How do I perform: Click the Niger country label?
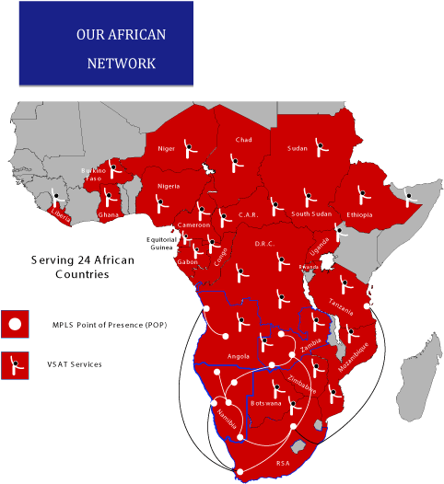pos(167,148)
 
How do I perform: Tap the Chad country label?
pos(243,140)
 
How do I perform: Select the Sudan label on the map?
pos(298,148)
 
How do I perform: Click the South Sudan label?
pos(311,214)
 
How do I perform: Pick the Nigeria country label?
pos(169,186)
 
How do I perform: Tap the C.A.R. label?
pos(247,214)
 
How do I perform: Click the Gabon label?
pos(188,262)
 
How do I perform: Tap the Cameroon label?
pos(193,225)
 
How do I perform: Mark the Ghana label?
pos(109,214)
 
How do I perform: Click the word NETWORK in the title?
pos(121,63)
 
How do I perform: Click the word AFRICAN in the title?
pos(134,36)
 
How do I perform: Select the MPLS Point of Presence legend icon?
pos(15,324)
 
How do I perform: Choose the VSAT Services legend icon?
pos(15,364)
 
